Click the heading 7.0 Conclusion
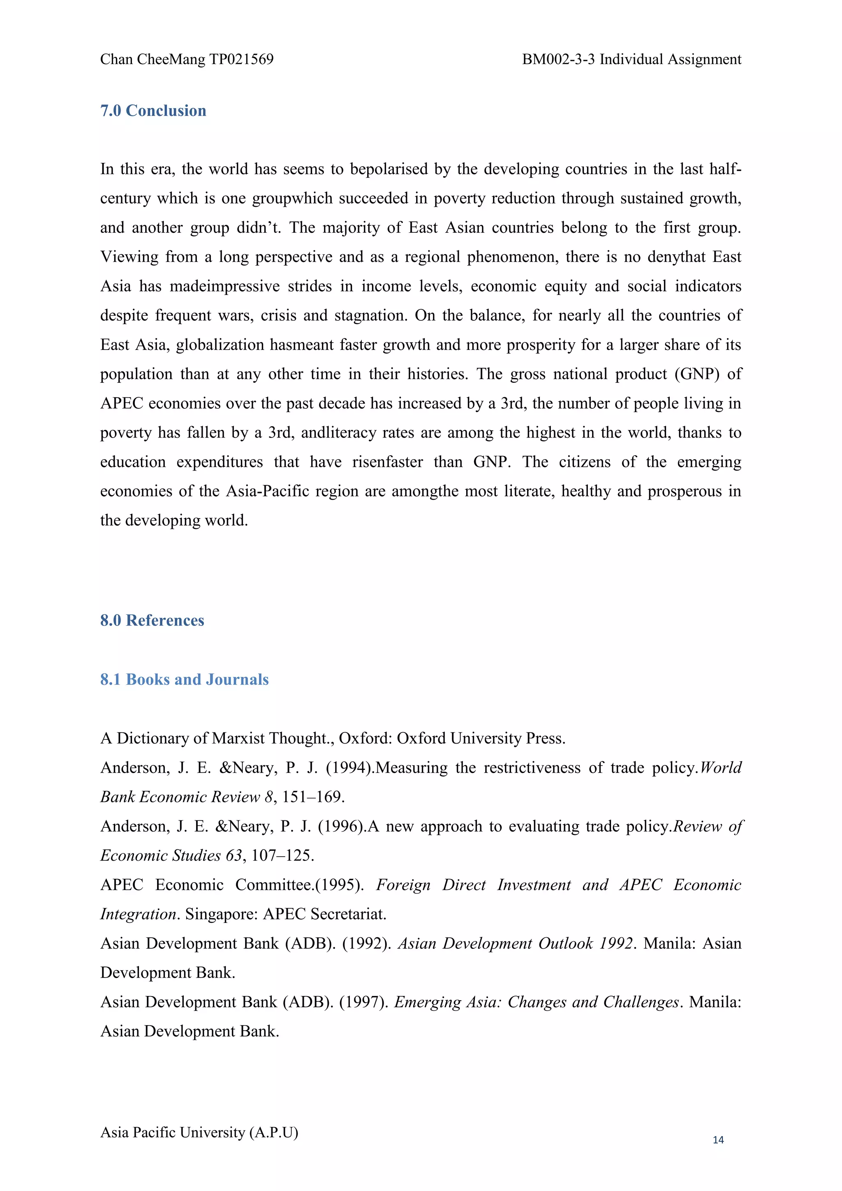pos(153,111)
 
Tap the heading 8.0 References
pos(152,621)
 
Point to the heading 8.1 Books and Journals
pos(184,679)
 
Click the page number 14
pos(718,1140)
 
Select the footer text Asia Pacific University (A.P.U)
pos(199,1132)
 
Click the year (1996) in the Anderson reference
pos(341,826)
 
